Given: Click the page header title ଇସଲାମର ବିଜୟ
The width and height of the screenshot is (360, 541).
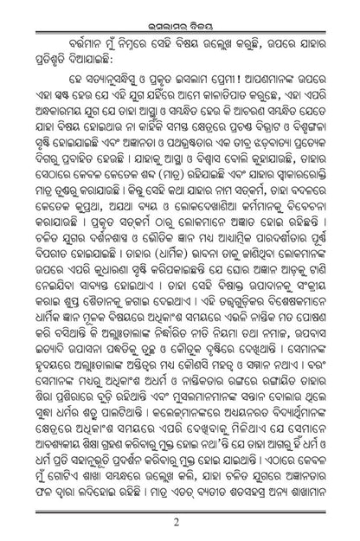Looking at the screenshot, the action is pyautogui.click(x=180, y=12).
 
